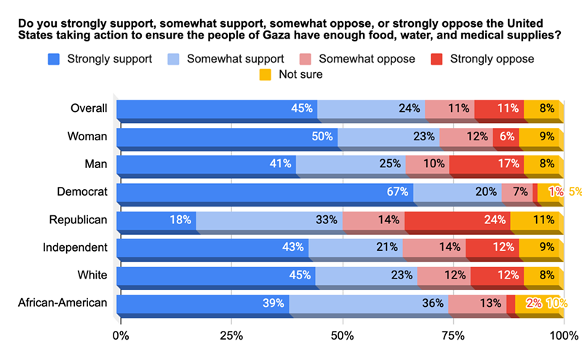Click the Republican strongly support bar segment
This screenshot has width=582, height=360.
coord(156,220)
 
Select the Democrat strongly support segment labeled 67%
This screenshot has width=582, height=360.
coord(264,192)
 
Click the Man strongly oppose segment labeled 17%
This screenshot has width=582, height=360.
coord(487,164)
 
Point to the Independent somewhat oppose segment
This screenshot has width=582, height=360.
coord(434,247)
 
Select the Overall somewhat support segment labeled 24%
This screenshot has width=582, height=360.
coord(371,108)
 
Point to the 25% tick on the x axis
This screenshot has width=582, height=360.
coord(231,336)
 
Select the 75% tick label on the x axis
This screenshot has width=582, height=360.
coord(453,336)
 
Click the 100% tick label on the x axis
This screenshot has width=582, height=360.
coord(562,336)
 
